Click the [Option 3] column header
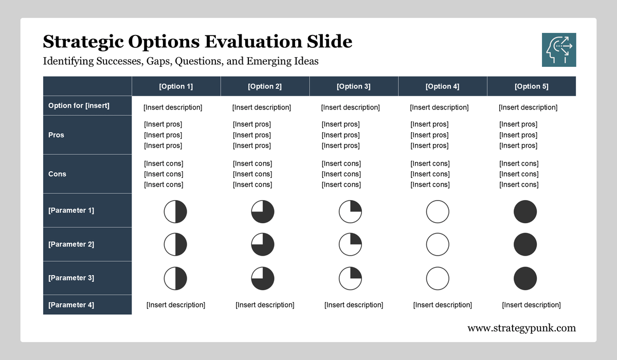(x=353, y=86)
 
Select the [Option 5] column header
(x=531, y=86)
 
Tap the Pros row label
(x=56, y=135)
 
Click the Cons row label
(x=57, y=174)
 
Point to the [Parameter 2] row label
(x=71, y=244)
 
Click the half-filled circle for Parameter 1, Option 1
(x=175, y=212)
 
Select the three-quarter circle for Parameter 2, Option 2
(x=263, y=244)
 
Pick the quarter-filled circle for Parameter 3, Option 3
(x=350, y=278)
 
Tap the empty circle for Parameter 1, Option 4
(x=438, y=212)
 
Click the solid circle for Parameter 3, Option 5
(x=525, y=278)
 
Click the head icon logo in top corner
(x=559, y=50)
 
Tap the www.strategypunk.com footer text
(x=521, y=328)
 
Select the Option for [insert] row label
(x=79, y=105)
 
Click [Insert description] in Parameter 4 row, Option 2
(x=265, y=305)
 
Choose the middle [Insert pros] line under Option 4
(x=429, y=135)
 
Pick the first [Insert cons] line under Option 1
(x=164, y=164)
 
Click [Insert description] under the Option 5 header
(x=528, y=107)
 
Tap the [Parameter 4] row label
(x=71, y=304)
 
